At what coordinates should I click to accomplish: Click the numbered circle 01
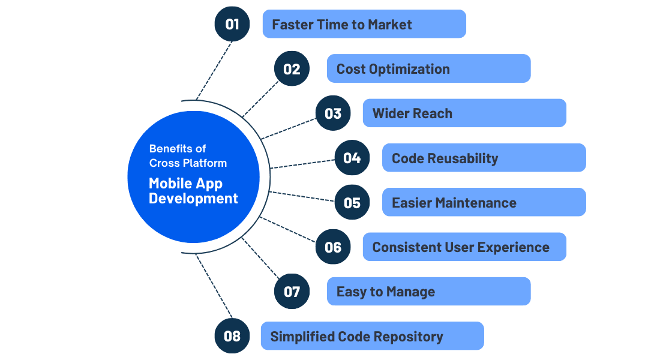coord(232,24)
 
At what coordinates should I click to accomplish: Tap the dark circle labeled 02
coord(292,68)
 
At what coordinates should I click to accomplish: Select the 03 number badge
coord(333,113)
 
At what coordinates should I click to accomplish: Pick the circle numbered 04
coord(352,158)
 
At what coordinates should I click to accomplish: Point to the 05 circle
coord(352,202)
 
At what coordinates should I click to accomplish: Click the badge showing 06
coord(333,247)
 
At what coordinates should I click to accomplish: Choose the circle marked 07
coord(292,292)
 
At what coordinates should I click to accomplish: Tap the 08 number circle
coord(232,336)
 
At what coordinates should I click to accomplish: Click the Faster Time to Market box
coord(364,24)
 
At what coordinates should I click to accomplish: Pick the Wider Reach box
coord(464,113)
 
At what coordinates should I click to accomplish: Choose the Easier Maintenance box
coord(484,202)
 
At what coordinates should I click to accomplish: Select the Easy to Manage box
coord(428,292)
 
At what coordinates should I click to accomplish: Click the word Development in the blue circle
coord(193,199)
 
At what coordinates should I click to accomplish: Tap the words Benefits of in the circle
coord(178,149)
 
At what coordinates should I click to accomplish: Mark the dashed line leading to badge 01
coord(214,71)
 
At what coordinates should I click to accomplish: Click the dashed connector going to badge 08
coord(214,286)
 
